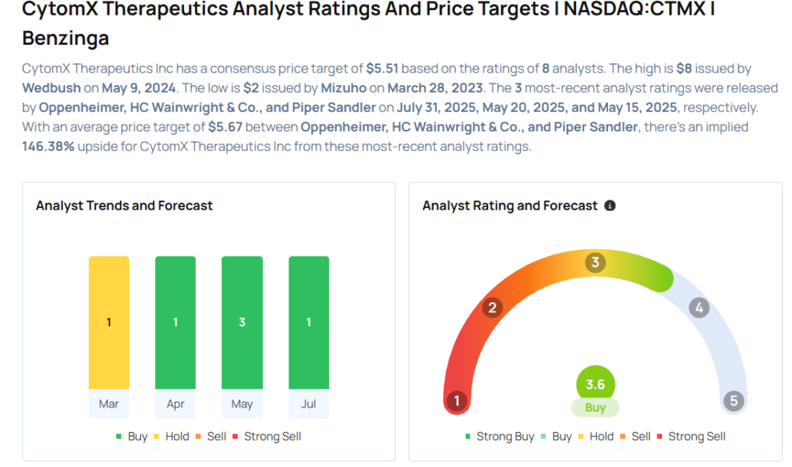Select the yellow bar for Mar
109,322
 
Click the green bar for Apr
176,322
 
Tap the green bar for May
242,322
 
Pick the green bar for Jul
309,322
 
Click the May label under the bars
242,404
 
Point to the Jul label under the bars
309,404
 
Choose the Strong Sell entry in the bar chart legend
266,437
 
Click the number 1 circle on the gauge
457,401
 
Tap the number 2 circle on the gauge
491,308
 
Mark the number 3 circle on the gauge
595,263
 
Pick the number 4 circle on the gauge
699,308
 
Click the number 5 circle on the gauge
733,401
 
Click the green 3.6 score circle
596,384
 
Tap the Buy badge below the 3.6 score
596,407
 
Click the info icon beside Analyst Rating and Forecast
610,206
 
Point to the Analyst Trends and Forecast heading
125,206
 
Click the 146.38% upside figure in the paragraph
49,146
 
